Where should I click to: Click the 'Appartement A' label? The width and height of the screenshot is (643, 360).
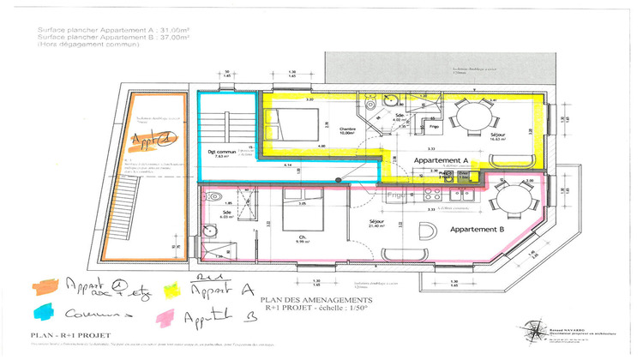point(440,160)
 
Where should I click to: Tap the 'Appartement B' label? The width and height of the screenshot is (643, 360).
point(476,230)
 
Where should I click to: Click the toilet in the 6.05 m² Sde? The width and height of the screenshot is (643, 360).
point(208,230)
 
